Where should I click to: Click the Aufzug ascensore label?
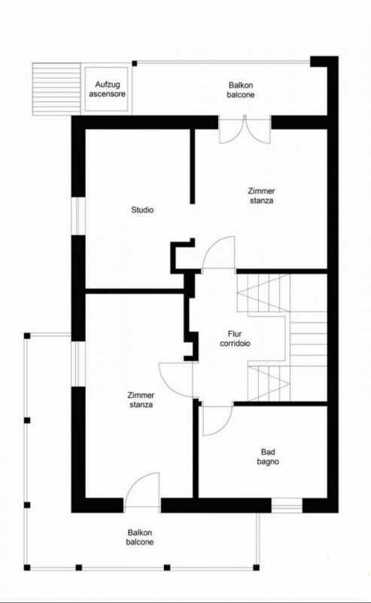click(107, 89)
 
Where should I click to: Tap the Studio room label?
click(142, 210)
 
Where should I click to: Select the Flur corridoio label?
click(235, 338)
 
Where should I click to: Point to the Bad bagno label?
click(268, 457)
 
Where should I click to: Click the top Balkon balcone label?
click(241, 90)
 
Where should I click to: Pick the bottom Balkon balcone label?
click(140, 537)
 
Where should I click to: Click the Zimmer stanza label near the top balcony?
click(262, 196)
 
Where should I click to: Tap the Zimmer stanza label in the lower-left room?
click(141, 400)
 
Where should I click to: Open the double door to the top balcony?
click(245, 130)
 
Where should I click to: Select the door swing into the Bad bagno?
click(217, 420)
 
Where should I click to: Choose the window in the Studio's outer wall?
click(78, 216)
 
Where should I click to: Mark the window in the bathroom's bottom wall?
click(287, 506)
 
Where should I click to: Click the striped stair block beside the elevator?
click(56, 89)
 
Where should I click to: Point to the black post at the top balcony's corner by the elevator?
click(135, 63)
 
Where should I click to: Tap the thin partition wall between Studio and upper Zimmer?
click(193, 166)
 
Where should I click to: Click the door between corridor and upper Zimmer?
click(219, 253)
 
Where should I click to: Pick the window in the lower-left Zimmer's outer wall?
click(78, 364)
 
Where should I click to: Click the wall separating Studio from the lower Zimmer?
click(135, 291)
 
